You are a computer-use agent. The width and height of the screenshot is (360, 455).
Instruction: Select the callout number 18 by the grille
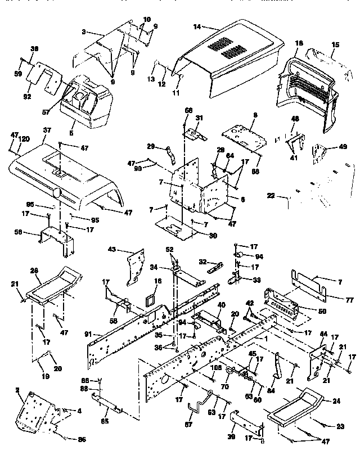298,43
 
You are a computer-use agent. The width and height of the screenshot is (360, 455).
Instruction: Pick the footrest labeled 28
55,285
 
